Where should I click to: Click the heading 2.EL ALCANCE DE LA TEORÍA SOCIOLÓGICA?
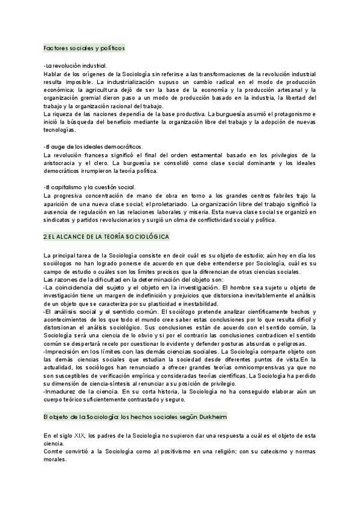tap(107, 237)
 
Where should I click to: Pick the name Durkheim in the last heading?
tap(210, 399)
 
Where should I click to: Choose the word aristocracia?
tap(65, 163)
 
